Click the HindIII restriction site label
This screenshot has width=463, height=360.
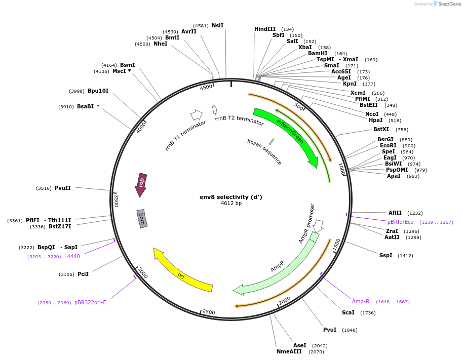click(264, 29)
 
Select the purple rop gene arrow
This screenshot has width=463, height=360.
click(141, 184)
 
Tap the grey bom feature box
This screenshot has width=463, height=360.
click(142, 219)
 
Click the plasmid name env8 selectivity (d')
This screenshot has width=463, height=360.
click(230, 197)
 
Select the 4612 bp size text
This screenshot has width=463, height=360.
click(231, 204)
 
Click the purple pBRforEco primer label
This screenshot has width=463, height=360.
click(400, 222)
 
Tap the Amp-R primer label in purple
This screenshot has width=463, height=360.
click(361, 301)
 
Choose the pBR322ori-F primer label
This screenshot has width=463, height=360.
click(90, 302)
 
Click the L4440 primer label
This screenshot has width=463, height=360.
click(72, 256)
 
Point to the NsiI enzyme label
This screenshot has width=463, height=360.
click(217, 25)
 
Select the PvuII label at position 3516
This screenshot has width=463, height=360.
click(63, 188)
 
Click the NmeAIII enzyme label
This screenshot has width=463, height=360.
click(289, 351)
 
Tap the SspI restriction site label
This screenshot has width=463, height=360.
click(385, 255)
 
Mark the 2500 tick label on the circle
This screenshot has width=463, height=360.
click(209, 312)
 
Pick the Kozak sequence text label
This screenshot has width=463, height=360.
click(264, 151)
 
